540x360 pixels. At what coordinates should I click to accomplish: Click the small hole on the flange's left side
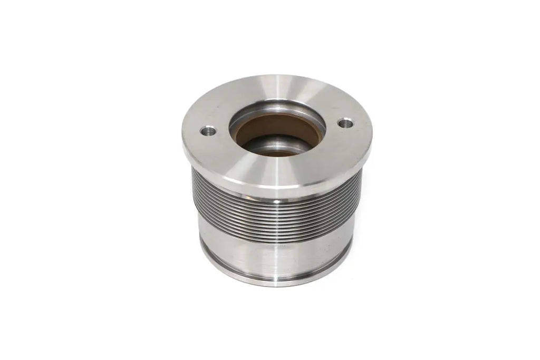click(x=208, y=130)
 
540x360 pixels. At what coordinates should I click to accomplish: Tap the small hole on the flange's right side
click(x=346, y=124)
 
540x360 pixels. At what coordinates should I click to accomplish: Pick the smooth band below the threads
click(x=274, y=253)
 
